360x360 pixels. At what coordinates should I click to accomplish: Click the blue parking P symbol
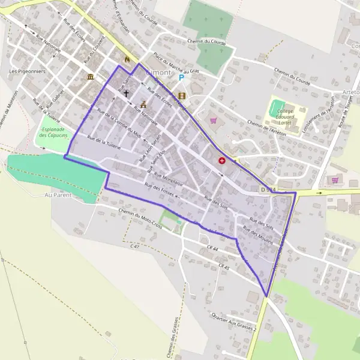181,77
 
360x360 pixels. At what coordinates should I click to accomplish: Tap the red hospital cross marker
223,161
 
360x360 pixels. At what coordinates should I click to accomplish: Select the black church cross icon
126,93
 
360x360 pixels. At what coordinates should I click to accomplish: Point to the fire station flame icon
127,59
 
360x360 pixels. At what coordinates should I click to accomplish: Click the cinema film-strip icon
182,95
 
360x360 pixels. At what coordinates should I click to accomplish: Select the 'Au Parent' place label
58,195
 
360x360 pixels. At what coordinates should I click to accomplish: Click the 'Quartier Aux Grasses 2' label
234,323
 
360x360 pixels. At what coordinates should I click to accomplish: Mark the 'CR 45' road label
225,268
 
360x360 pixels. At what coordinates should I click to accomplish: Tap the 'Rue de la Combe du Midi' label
118,125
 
